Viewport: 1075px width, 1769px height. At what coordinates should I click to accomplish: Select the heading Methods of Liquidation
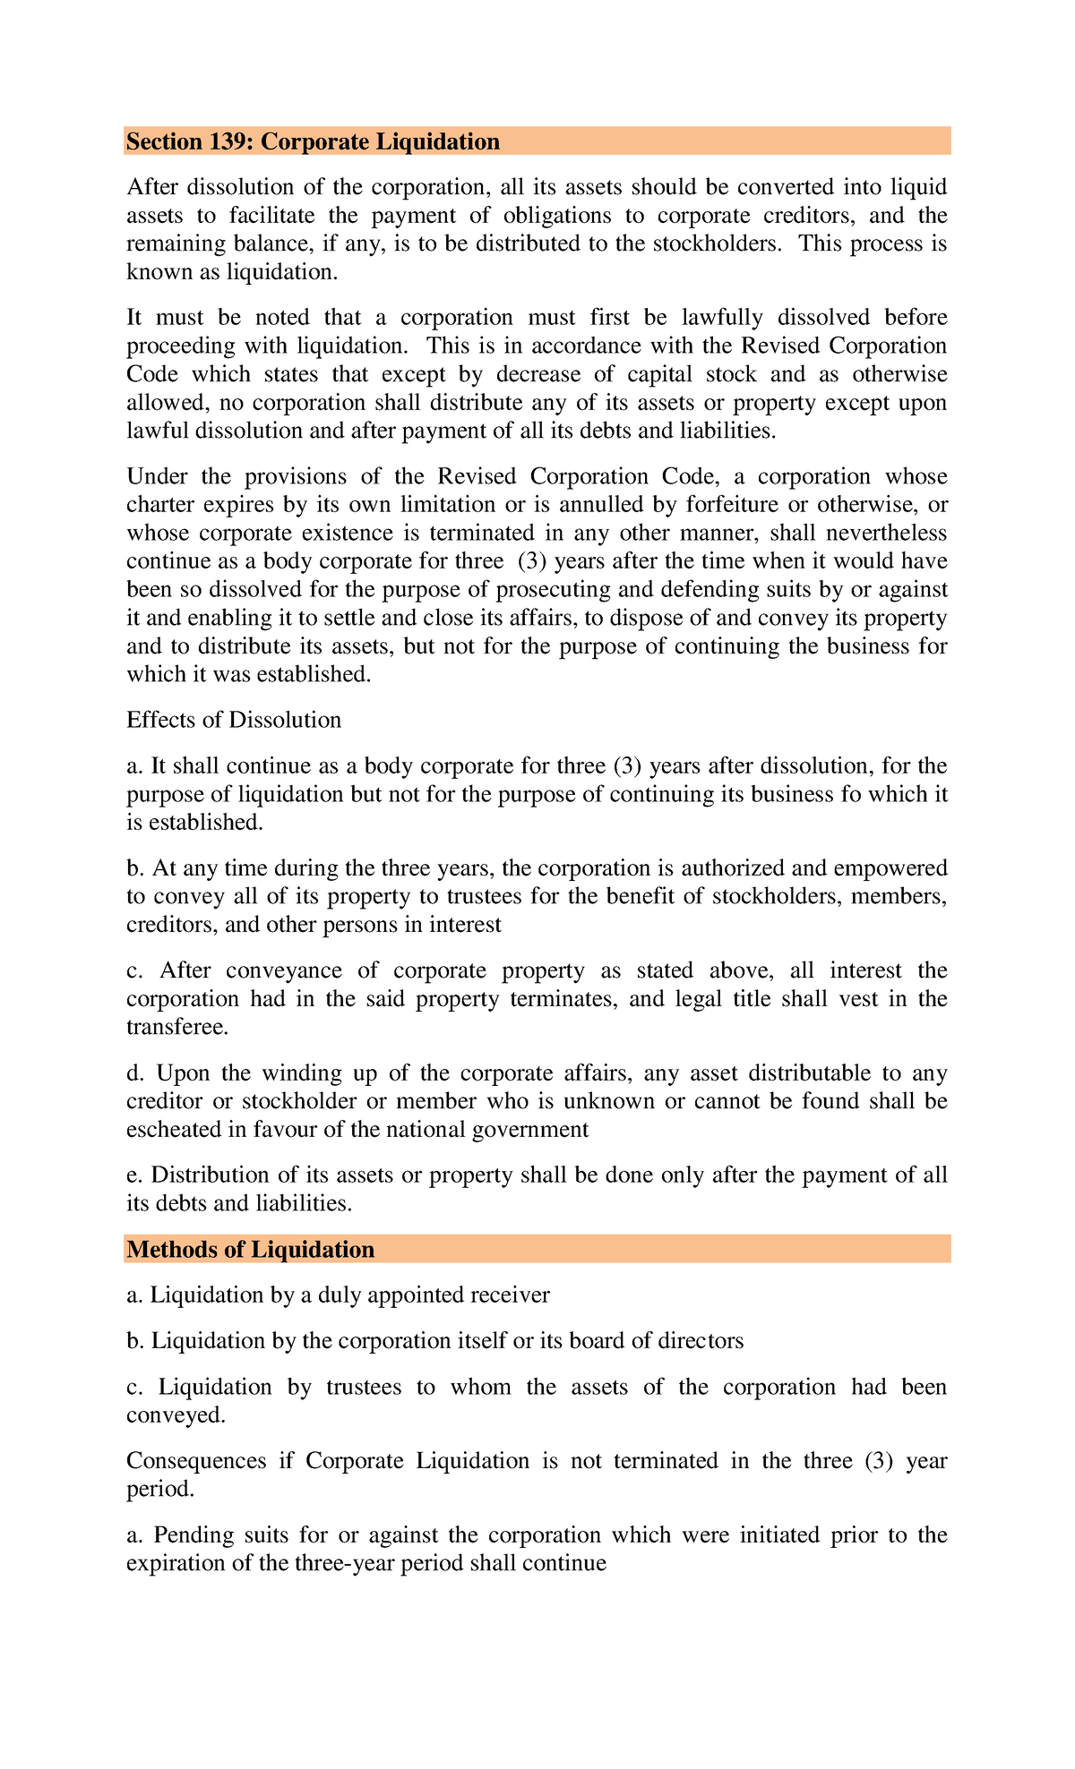pos(251,1249)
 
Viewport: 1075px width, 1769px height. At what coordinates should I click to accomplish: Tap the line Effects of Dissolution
pos(234,720)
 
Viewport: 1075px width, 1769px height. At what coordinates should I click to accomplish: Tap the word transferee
pos(176,1027)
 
